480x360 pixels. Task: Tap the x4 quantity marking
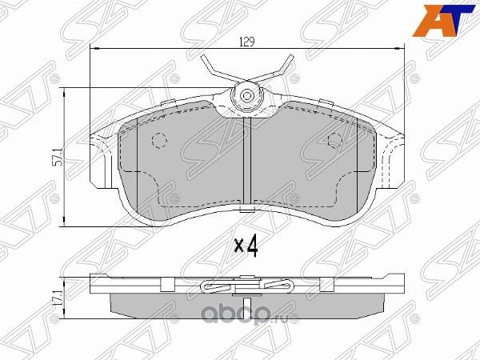(x=245, y=246)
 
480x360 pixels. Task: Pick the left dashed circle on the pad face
(x=158, y=140)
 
